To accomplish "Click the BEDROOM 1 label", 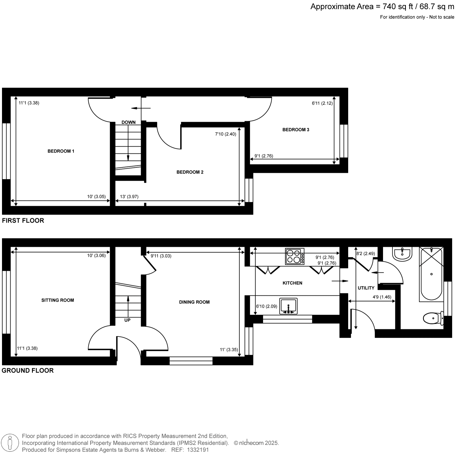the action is (61, 151).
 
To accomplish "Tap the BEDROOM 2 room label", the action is (190, 172).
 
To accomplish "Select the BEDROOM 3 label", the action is (296, 130).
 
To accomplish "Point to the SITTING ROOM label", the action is (58, 300).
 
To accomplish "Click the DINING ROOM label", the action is (194, 302).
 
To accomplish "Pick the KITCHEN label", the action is (292, 283).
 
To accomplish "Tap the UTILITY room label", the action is (366, 288).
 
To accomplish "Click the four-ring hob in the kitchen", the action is (294, 256).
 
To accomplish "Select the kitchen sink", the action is (288, 306).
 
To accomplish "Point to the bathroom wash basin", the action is (402, 254).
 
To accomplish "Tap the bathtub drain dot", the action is (431, 274).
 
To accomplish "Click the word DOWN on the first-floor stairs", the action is (129, 122).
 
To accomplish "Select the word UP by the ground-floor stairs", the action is (127, 320).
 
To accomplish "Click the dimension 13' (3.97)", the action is (129, 196).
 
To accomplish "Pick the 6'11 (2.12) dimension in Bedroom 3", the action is (322, 103).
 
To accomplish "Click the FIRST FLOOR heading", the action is (23, 220).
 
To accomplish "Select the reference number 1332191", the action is (198, 450).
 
